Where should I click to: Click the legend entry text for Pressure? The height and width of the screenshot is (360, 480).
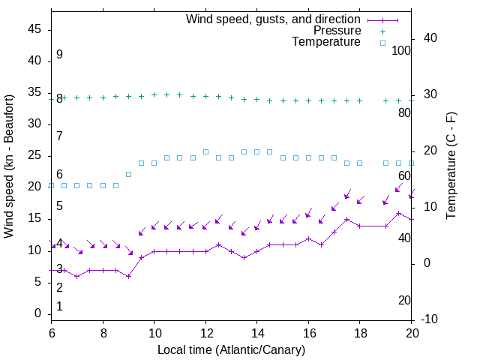click(x=337, y=31)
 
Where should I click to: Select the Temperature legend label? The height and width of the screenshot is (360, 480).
click(x=326, y=42)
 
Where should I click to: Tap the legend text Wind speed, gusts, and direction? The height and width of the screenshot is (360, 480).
click(x=274, y=19)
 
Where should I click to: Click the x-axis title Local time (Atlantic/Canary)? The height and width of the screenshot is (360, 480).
click(x=231, y=349)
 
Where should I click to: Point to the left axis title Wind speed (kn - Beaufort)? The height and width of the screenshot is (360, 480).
click(x=9, y=166)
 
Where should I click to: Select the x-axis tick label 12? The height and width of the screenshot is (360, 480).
click(x=205, y=332)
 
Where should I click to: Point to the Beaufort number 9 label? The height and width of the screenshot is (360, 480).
click(x=59, y=55)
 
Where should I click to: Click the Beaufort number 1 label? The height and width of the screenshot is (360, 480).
click(x=59, y=306)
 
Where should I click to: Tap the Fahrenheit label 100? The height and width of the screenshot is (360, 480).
click(x=402, y=51)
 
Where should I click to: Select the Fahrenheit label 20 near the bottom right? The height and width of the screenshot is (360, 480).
click(x=404, y=301)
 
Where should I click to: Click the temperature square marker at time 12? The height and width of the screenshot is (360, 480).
click(x=205, y=151)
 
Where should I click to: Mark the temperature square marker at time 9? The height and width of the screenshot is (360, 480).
click(x=128, y=174)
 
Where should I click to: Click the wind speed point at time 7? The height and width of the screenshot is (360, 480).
click(x=76, y=276)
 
